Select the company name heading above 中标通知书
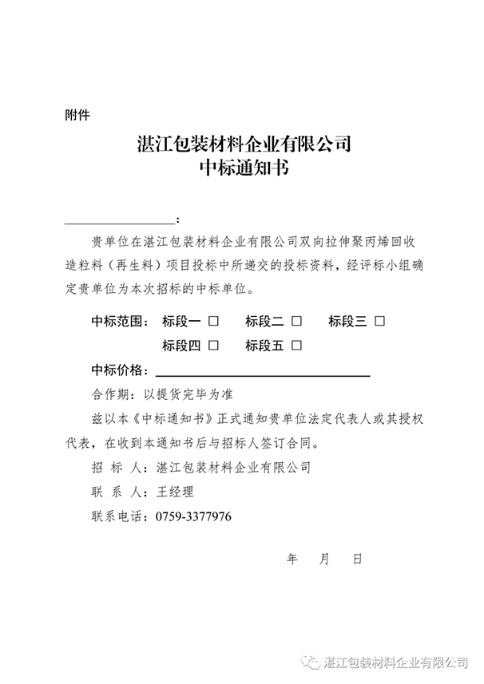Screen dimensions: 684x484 (x=244, y=144)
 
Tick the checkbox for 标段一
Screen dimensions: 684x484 (x=214, y=322)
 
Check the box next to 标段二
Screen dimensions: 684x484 (x=296, y=322)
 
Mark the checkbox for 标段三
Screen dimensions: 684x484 (x=379, y=322)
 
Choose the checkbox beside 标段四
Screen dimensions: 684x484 (x=214, y=346)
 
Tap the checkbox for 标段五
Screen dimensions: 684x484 (x=296, y=346)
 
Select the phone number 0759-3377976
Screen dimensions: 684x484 (x=192, y=517)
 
